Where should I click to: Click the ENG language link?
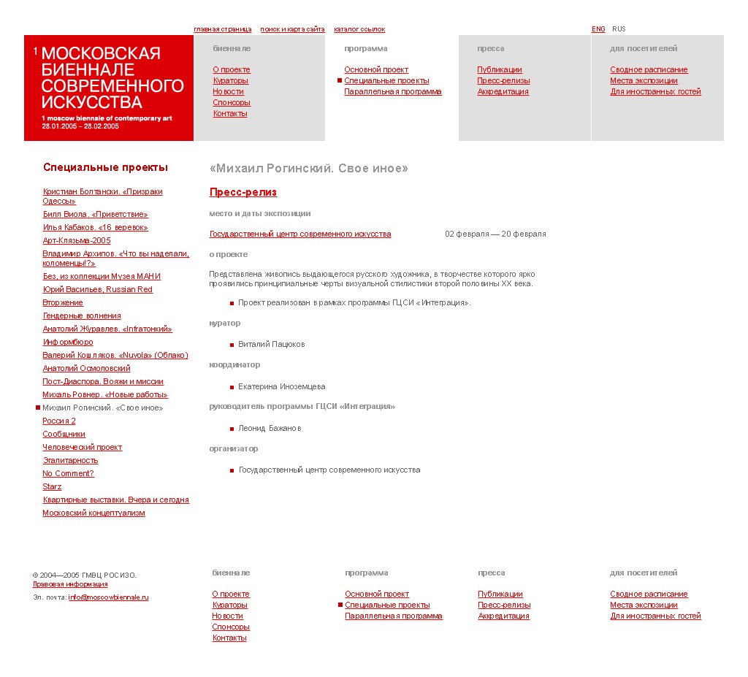click(x=598, y=29)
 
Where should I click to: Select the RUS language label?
click(x=619, y=29)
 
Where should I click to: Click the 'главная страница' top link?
click(x=222, y=29)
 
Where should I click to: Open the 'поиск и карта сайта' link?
click(x=292, y=29)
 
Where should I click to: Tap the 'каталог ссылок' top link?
click(x=359, y=29)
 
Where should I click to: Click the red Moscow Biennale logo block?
click(x=109, y=88)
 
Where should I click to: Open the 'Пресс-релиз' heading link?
click(x=243, y=192)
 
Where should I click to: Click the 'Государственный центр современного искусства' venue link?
click(x=300, y=234)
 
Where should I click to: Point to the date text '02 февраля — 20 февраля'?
click(x=495, y=234)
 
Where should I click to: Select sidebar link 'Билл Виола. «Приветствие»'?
click(x=95, y=214)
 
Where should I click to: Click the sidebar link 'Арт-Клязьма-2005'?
click(x=77, y=240)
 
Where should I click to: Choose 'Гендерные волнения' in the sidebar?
click(x=82, y=315)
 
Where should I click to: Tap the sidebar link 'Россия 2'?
click(x=59, y=421)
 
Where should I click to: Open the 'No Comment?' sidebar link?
click(x=68, y=473)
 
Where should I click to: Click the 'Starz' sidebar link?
click(x=52, y=486)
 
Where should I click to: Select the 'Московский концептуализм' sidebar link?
click(x=93, y=513)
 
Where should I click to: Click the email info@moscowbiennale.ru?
click(x=108, y=597)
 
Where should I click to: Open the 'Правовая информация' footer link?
click(x=70, y=584)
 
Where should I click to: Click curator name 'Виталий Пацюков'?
click(x=271, y=344)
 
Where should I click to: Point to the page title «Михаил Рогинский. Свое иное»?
click(x=308, y=169)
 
